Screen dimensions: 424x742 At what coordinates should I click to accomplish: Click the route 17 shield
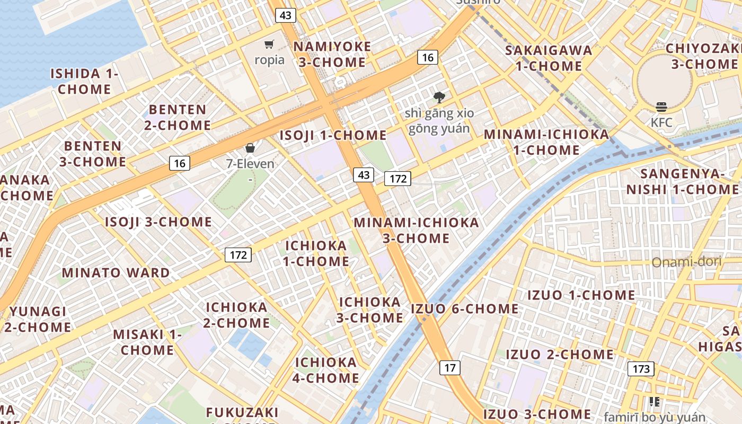point(450,367)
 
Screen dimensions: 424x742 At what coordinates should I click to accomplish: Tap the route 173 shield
point(641,368)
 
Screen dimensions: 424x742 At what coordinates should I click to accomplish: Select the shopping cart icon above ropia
point(269,45)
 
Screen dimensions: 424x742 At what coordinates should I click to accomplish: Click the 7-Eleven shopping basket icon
point(250,148)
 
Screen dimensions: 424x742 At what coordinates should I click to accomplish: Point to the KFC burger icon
point(661,107)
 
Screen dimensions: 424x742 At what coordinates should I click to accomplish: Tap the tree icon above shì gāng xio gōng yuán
point(439,97)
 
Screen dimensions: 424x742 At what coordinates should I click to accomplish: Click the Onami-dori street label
point(686,262)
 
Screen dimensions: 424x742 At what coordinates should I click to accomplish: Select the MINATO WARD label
point(116,273)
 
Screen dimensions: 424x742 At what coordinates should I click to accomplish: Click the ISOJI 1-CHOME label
point(333,135)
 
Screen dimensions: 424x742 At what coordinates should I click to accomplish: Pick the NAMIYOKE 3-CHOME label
point(332,54)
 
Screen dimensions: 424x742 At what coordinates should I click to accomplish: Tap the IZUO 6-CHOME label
point(465,308)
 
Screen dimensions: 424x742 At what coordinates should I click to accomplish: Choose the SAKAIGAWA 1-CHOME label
point(549,58)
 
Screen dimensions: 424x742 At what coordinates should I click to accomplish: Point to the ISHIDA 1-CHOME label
point(84,81)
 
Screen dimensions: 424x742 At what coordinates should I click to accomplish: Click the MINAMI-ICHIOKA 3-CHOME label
point(416,230)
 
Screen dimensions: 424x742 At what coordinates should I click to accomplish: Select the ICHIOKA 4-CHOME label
point(326,370)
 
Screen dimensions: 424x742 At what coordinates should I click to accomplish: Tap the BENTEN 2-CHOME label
point(180,118)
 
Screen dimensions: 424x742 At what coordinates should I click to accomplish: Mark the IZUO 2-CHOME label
point(560,354)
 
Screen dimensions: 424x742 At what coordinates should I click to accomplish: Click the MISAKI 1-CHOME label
point(147,342)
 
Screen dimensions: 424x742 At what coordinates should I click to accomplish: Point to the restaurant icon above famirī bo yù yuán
point(655,402)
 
